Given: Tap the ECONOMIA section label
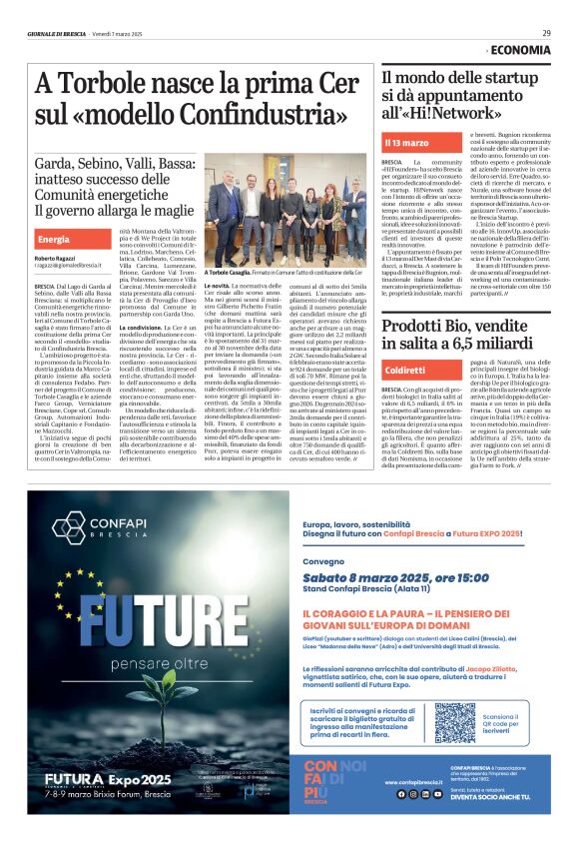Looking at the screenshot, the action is pos(520,49).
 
